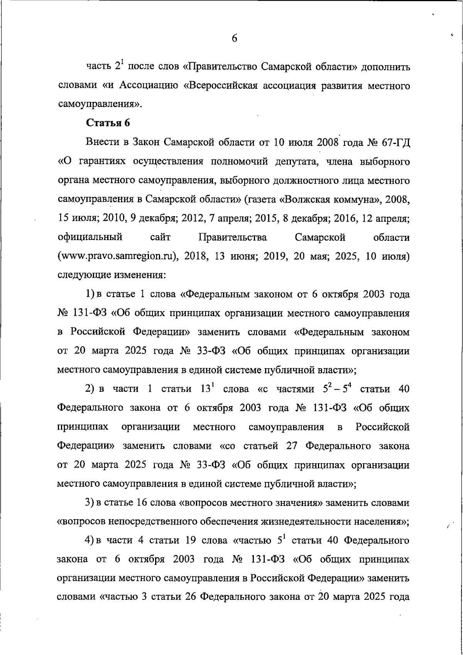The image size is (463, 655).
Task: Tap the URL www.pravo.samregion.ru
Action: tap(117, 256)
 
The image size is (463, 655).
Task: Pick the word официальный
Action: tap(90, 237)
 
